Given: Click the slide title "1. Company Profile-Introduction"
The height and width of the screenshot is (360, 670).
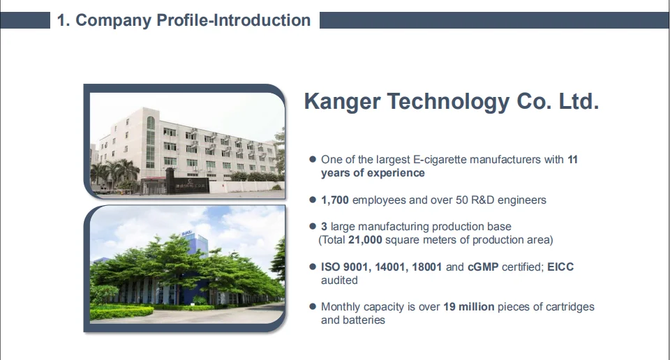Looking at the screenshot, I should (x=184, y=20).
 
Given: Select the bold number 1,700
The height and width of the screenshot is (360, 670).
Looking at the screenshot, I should (x=335, y=200).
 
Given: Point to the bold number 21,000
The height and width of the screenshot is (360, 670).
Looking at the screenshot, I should (x=364, y=240).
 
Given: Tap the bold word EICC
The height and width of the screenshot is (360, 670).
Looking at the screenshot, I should (x=560, y=267).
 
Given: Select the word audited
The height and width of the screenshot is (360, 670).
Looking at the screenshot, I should (x=339, y=280).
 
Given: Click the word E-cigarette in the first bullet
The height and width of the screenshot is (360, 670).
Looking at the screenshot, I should (x=440, y=160).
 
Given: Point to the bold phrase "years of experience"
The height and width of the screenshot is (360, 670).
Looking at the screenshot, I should (x=373, y=173).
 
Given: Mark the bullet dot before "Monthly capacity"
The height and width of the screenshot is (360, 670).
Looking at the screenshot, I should (x=313, y=307).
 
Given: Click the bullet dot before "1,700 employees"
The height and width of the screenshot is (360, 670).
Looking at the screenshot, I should (x=313, y=200).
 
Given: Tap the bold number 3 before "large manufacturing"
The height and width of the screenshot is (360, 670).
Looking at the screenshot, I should (x=325, y=227).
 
